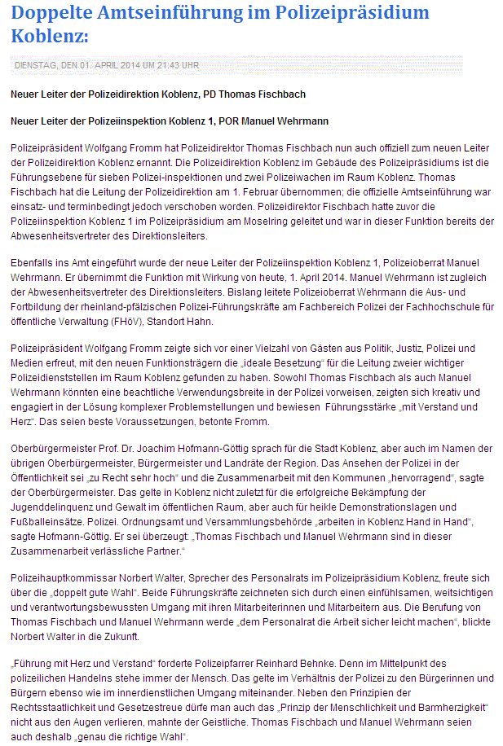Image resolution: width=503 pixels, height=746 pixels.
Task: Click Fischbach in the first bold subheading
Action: click(x=280, y=94)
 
